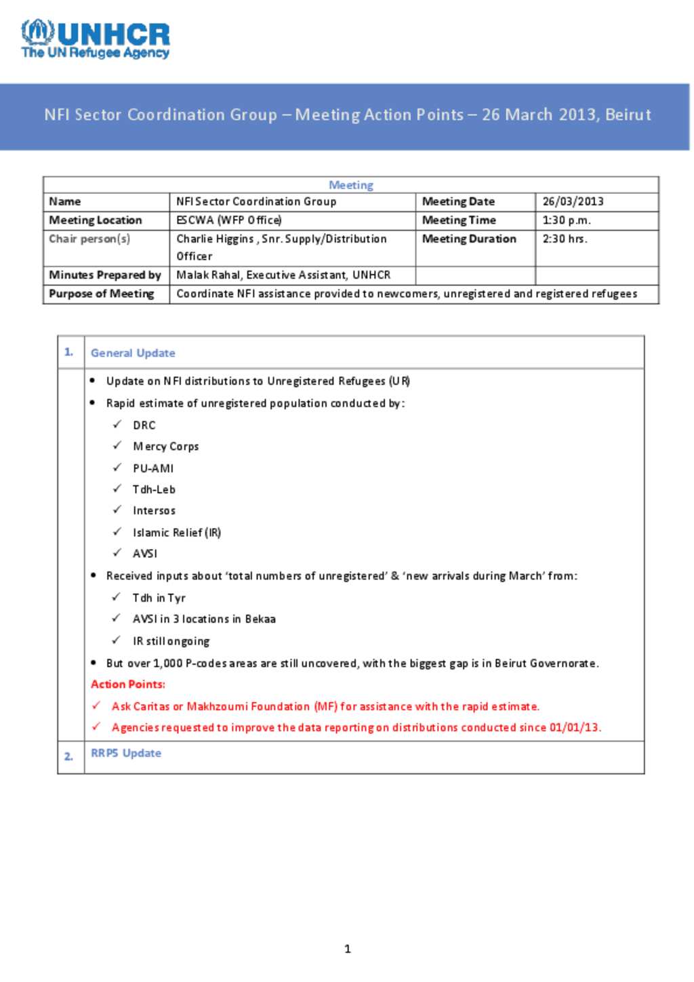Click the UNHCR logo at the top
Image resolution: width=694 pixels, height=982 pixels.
96,39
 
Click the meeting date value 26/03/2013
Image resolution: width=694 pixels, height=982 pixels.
573,201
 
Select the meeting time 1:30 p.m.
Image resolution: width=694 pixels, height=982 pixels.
567,220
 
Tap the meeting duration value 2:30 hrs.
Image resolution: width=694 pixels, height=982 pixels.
565,239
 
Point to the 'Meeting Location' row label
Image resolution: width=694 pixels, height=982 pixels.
96,220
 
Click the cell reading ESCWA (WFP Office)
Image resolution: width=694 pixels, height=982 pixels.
229,220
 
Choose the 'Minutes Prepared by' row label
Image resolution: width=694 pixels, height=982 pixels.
104,275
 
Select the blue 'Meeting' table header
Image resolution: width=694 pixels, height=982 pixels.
350,185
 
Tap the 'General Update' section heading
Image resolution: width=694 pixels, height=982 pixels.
133,353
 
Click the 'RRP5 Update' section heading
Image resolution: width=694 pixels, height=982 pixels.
126,754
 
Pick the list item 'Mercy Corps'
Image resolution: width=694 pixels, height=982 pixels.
166,447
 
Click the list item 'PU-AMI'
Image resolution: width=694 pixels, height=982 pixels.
153,468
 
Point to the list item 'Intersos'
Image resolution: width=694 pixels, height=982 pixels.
154,511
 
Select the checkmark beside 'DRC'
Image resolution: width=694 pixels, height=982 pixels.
117,425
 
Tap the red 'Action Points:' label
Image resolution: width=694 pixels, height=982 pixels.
128,684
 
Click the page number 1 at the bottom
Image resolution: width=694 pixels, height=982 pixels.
348,949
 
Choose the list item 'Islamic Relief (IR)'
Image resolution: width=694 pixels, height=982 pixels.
177,533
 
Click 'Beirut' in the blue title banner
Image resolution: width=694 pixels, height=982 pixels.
628,115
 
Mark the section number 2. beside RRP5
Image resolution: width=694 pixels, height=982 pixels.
68,756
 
